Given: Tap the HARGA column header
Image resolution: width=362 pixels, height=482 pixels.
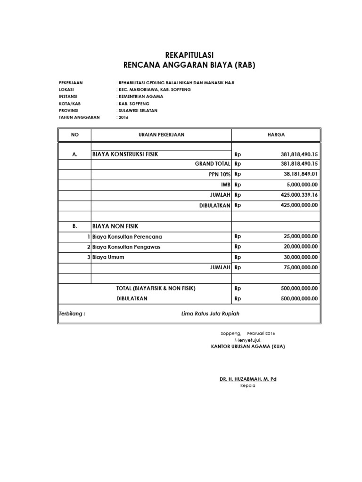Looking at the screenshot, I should (276, 135).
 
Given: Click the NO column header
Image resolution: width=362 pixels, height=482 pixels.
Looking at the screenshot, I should (74, 135).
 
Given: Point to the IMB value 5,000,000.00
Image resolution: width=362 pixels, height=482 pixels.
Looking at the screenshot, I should (299, 185).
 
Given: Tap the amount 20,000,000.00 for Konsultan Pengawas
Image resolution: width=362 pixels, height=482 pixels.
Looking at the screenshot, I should (297, 247).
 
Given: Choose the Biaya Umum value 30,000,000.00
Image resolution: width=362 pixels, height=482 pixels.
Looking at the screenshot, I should (297, 257).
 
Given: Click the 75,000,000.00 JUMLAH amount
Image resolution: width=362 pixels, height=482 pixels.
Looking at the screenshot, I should (297, 267).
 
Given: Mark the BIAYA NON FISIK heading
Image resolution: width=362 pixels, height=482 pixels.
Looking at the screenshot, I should (115, 226).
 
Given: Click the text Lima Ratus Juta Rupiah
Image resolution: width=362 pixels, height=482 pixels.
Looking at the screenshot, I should (214, 313).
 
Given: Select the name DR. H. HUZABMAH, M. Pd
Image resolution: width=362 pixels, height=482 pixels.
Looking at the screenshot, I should (247, 379).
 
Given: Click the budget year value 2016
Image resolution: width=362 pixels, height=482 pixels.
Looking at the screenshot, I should (123, 117).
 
